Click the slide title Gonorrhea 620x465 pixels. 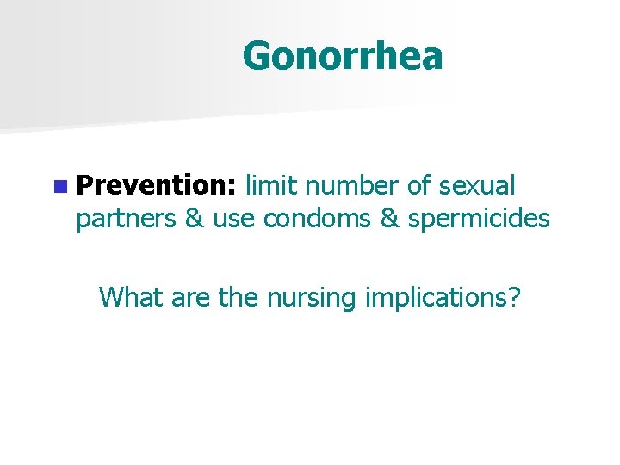click(343, 57)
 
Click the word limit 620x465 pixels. click(273, 185)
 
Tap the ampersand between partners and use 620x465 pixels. click(194, 220)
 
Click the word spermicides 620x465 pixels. click(479, 220)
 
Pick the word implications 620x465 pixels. click(435, 297)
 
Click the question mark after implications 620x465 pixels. click(513, 297)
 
